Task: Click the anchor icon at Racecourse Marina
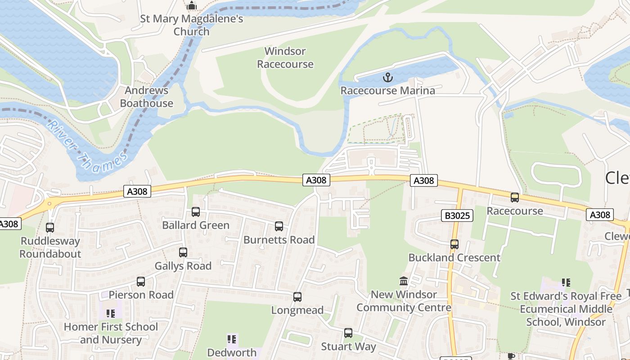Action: click(x=387, y=78)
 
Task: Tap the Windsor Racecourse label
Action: click(x=285, y=58)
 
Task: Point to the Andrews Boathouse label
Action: click(x=146, y=97)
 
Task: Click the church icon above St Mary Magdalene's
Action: click(x=192, y=6)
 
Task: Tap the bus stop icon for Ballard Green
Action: click(x=195, y=212)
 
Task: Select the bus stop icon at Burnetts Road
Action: click(x=279, y=226)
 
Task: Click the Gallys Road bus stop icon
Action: click(x=183, y=252)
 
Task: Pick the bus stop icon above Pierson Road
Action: click(x=141, y=282)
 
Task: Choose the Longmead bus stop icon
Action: click(x=297, y=297)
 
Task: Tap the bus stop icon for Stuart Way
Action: click(x=348, y=333)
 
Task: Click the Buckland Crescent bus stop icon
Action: click(x=454, y=244)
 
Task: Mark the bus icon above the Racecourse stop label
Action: click(x=514, y=198)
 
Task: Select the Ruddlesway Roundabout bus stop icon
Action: click(x=50, y=228)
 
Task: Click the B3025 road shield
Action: click(x=457, y=216)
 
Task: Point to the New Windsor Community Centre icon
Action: click(x=404, y=281)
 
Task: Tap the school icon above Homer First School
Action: click(x=111, y=313)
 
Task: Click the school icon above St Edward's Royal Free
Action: click(x=566, y=283)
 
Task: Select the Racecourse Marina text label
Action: click(x=387, y=90)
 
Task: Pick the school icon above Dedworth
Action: click(x=232, y=339)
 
